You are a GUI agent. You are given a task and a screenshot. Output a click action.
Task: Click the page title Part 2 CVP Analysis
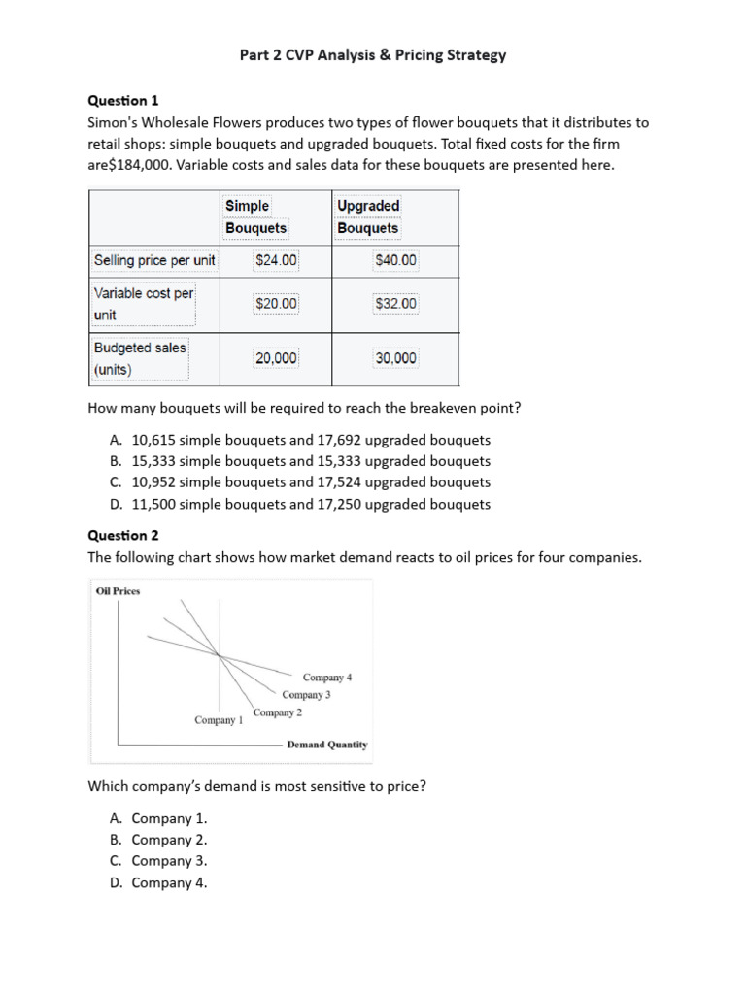click(373, 55)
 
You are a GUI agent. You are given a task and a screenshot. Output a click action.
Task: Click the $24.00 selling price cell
click(276, 260)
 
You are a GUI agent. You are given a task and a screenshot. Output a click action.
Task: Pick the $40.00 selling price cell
click(395, 260)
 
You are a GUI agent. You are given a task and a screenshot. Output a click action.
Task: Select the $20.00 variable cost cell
click(276, 304)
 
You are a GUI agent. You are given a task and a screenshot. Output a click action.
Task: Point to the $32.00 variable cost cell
click(395, 304)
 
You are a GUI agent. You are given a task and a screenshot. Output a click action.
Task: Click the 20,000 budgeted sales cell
click(276, 358)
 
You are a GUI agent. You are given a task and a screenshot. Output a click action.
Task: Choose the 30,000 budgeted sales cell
click(395, 358)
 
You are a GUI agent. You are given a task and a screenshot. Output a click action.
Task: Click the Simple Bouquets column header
click(255, 216)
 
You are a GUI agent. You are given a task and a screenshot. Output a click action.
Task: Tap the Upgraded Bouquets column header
click(368, 216)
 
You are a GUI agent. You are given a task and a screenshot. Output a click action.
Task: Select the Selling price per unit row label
click(153, 260)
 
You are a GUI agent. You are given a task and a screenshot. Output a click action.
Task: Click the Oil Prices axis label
click(118, 590)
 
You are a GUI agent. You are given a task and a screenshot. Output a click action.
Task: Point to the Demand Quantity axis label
click(327, 745)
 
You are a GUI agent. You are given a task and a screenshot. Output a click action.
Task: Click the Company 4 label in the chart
click(327, 677)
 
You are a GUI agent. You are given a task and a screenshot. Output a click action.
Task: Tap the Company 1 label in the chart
click(219, 720)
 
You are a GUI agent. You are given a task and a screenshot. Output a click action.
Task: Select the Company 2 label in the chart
click(278, 712)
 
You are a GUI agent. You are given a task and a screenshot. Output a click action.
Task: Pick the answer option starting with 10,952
click(301, 482)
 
